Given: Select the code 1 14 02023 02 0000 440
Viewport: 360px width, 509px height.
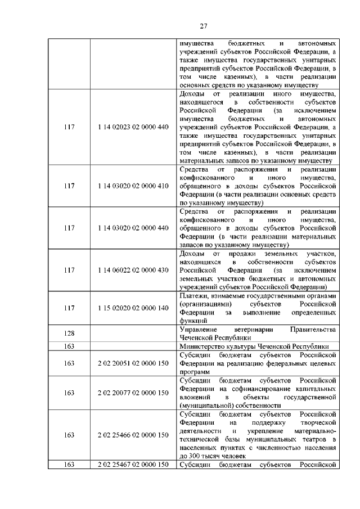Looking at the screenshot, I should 133,127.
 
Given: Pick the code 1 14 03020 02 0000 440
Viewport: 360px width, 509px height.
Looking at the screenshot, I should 133,228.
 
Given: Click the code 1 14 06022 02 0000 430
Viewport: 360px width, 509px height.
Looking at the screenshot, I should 133,270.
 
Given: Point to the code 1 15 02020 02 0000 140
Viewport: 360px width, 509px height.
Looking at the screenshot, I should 133,308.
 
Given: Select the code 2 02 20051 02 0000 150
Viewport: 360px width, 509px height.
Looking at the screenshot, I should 133,363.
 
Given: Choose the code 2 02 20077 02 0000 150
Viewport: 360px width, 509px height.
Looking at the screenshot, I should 133,393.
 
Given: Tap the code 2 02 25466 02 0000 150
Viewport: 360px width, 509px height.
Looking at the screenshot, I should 133,435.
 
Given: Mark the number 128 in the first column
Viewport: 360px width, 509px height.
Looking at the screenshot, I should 69,333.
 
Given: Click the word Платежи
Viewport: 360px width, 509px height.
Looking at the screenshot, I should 193,296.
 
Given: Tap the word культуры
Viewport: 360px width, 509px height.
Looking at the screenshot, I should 245,346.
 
